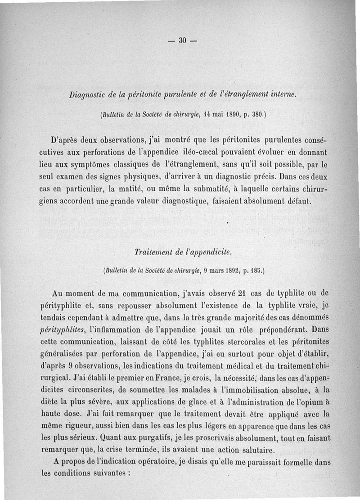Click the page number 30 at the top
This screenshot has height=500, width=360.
coord(182,40)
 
